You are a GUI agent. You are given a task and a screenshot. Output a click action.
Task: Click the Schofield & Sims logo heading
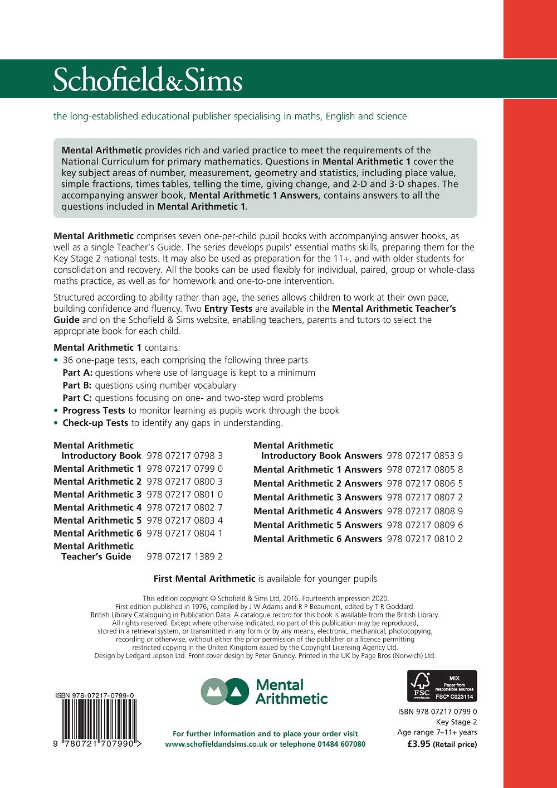pos(148,80)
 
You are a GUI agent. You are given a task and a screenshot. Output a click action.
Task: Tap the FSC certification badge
pos(442,686)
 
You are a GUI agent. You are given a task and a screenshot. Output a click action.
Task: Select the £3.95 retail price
pos(419,744)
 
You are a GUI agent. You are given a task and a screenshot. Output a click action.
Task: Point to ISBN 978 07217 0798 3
pos(184,456)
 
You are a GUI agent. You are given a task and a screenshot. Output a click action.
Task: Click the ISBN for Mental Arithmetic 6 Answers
pos(424,539)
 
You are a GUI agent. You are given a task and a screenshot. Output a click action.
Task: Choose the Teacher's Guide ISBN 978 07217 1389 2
pos(184,557)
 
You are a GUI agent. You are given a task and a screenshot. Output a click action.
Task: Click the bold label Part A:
pos(77,373)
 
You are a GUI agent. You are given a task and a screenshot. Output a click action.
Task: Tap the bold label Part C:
pos(77,398)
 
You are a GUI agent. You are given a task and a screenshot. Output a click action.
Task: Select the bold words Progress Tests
pos(94,410)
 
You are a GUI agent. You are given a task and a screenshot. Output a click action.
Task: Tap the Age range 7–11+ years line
pos(437,732)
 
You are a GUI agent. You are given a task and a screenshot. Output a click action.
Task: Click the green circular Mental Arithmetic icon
pos(224,692)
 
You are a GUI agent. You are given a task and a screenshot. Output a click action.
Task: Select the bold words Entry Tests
pos(228,308)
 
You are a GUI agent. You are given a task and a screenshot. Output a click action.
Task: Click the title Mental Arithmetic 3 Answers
pos(317,497)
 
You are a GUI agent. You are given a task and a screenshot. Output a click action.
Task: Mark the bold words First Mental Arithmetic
pos(204,579)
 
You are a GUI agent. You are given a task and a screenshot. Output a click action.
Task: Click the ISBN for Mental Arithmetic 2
pos(184,481)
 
